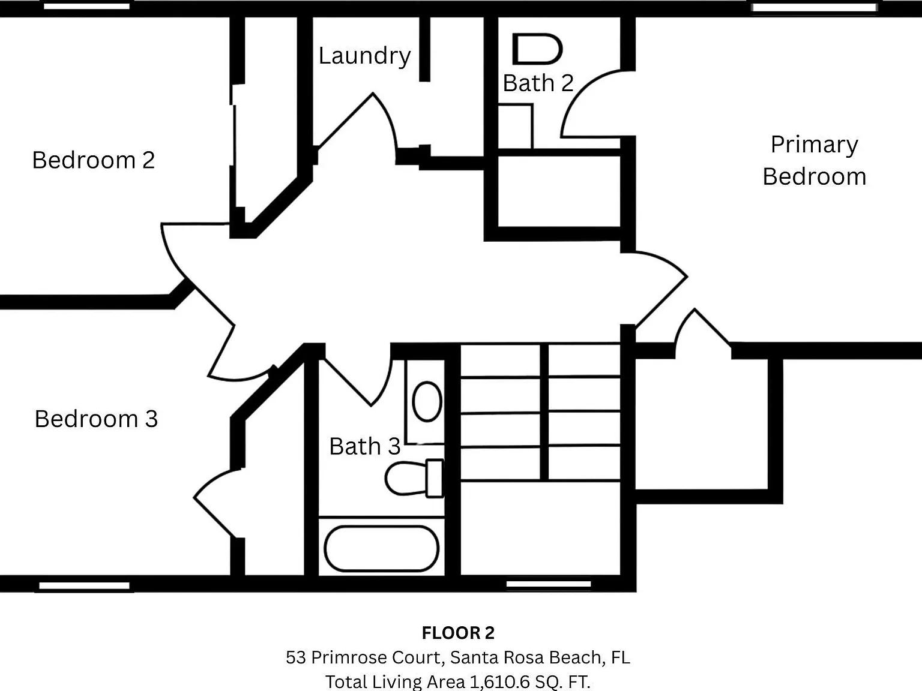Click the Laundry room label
[364, 56]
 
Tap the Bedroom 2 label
[93, 160]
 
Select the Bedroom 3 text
[96, 419]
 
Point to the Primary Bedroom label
[815, 160]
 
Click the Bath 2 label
[538, 83]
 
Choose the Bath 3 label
[364, 446]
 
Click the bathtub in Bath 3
[381, 548]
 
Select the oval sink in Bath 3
[427, 401]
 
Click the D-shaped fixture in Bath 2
[537, 49]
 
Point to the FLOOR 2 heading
[458, 633]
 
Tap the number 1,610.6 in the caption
[499, 682]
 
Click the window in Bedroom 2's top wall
[87, 6]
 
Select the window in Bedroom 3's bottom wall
[85, 585]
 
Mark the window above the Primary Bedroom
[814, 8]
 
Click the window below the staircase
[549, 584]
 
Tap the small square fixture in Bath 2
[516, 126]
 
